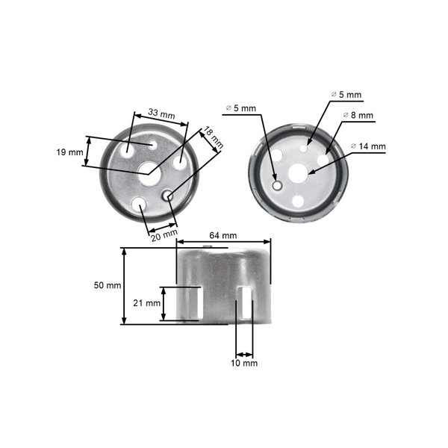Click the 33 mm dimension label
click(x=161, y=114)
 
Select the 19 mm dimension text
click(x=69, y=152)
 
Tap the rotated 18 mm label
click(x=214, y=134)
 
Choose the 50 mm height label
click(x=108, y=286)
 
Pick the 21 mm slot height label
click(x=147, y=303)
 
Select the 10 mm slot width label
click(x=244, y=364)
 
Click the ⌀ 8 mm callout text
click(x=358, y=115)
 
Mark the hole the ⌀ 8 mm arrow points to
click(x=323, y=160)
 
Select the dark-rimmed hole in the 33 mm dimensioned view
click(x=168, y=196)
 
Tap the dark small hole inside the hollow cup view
click(x=276, y=184)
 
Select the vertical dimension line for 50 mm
click(x=125, y=286)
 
